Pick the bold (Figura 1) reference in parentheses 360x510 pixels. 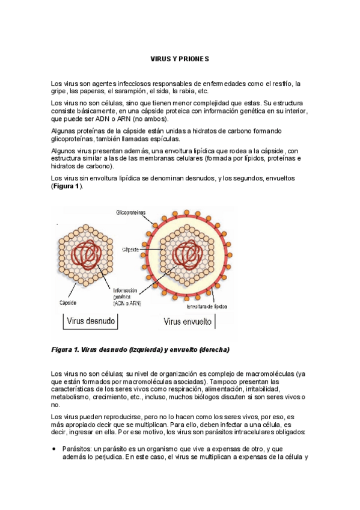(x=67, y=186)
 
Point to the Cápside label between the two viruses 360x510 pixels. (x=131, y=248)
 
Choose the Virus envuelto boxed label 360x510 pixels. (x=188, y=321)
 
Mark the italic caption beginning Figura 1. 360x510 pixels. (x=140, y=349)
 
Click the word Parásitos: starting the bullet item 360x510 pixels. (x=76, y=449)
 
